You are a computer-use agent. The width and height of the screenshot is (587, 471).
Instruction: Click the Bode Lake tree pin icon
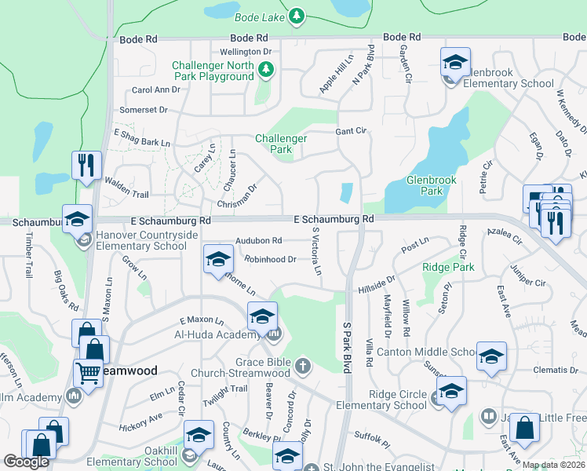[x=296, y=16]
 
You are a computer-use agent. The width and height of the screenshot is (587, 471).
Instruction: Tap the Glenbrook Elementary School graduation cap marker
[x=455, y=62]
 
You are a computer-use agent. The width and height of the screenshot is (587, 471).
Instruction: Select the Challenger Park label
[x=280, y=144]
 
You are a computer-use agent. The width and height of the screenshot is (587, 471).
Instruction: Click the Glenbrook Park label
[x=431, y=185]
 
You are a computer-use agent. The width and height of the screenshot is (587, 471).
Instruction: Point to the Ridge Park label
[x=448, y=268]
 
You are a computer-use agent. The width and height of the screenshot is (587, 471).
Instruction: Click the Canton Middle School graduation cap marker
[x=491, y=356]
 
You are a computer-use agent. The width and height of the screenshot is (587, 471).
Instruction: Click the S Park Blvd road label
[x=345, y=345]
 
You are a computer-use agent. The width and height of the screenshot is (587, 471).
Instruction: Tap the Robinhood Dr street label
[x=270, y=259]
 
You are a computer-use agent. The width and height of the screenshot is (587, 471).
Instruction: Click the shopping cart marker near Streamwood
[x=88, y=374]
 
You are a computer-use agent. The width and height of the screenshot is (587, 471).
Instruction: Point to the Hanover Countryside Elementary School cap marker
[x=78, y=219]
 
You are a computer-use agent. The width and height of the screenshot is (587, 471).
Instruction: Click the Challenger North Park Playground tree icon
[x=266, y=71]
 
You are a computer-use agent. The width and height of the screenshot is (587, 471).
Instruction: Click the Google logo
[x=26, y=462]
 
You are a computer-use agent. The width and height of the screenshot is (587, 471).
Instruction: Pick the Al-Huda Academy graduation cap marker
[x=262, y=316]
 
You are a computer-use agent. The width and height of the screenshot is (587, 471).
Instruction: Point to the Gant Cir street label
[x=351, y=131]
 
